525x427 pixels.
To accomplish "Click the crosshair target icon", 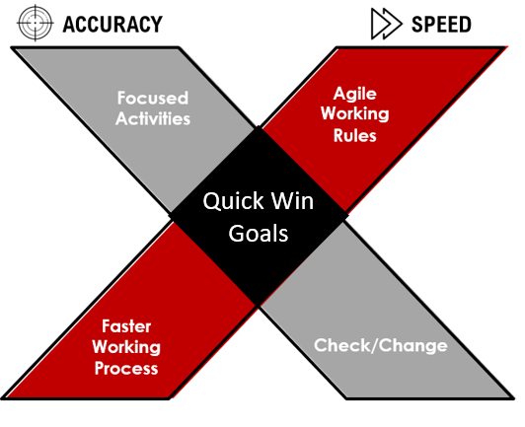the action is pyautogui.click(x=36, y=23).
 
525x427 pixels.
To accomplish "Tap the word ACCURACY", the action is pyautogui.click(x=112, y=25).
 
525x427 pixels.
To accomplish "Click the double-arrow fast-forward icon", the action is pyautogui.click(x=387, y=24).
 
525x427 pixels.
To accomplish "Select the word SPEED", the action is pyautogui.click(x=441, y=25).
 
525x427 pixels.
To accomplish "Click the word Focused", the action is pyautogui.click(x=153, y=98).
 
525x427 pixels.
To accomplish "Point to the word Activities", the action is pyautogui.click(x=153, y=118).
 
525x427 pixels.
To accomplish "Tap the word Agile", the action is pyautogui.click(x=355, y=94).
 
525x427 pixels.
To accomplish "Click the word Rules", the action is pyautogui.click(x=355, y=135).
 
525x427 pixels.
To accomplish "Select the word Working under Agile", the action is pyautogui.click(x=355, y=114).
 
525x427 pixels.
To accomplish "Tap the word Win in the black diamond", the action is pyautogui.click(x=292, y=201).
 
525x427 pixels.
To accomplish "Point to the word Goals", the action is pyautogui.click(x=259, y=234).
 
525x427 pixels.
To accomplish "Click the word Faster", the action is pyautogui.click(x=126, y=326).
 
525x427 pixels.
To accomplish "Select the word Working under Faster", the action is pyautogui.click(x=126, y=347).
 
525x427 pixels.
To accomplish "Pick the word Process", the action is pyautogui.click(x=126, y=369).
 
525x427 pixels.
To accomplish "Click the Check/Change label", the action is pyautogui.click(x=381, y=345).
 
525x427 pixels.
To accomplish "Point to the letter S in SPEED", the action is pyautogui.click(x=417, y=25).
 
